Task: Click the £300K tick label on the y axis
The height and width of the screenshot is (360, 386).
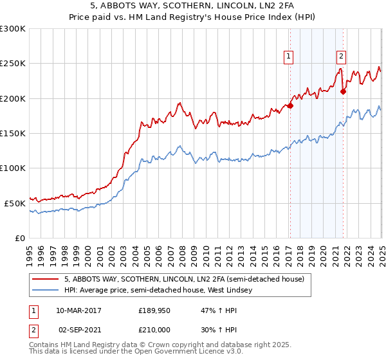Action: (13, 29)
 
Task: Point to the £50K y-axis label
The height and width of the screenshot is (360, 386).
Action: (15, 203)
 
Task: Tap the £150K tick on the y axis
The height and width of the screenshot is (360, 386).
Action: (13, 134)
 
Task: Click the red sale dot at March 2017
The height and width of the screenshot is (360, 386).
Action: (290, 106)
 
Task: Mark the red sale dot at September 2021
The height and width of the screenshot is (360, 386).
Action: (343, 92)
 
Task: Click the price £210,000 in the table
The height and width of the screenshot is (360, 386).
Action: (155, 328)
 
